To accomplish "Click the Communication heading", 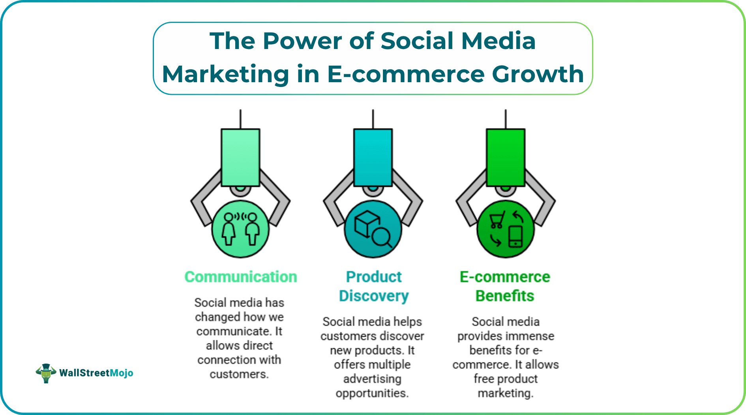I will click(241, 277).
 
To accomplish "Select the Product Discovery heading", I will click(373, 286).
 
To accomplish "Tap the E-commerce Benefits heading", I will click(505, 286).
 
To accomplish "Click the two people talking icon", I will click(240, 229).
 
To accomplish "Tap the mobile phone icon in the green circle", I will click(515, 236).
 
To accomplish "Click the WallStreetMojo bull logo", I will click(46, 373).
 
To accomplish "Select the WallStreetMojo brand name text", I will click(96, 373).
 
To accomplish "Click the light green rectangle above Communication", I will click(240, 157).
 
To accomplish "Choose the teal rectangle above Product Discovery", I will click(373, 157).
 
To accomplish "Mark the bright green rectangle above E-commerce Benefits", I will click(506, 157).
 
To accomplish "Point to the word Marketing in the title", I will click(225, 74).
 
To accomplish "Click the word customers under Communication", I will click(238, 374).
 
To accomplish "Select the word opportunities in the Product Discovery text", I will click(372, 393).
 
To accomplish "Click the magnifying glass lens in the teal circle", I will click(381, 237).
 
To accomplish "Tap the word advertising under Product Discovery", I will click(372, 379).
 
